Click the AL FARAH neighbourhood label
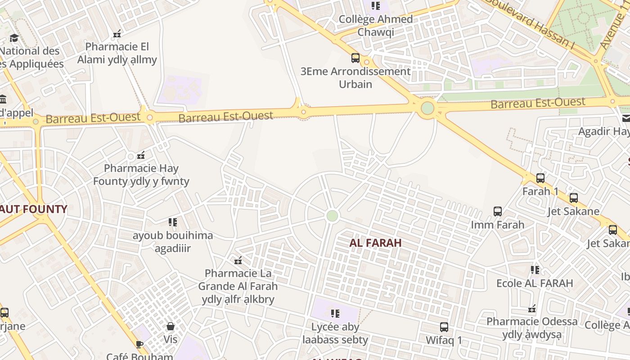tap(375, 243)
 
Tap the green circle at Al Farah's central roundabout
tap(332, 216)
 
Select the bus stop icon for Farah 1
tap(540, 178)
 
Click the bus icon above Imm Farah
tap(497, 211)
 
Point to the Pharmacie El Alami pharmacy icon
tap(117, 34)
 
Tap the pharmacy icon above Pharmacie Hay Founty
tap(141, 156)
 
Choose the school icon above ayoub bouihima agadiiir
tap(173, 222)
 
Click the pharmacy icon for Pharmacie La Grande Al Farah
tap(238, 261)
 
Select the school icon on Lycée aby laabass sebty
tap(335, 314)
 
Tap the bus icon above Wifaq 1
tap(444, 327)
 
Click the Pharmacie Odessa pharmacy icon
tap(532, 309)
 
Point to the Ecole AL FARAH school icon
tap(535, 270)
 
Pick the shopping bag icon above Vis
tap(171, 326)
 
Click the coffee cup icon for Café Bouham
tap(139, 345)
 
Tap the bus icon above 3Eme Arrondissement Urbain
tap(355, 58)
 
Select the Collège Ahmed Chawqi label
tap(376, 25)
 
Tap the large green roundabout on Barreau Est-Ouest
tap(427, 108)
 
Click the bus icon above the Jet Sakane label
tap(574, 198)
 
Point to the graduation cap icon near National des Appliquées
tap(14, 38)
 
